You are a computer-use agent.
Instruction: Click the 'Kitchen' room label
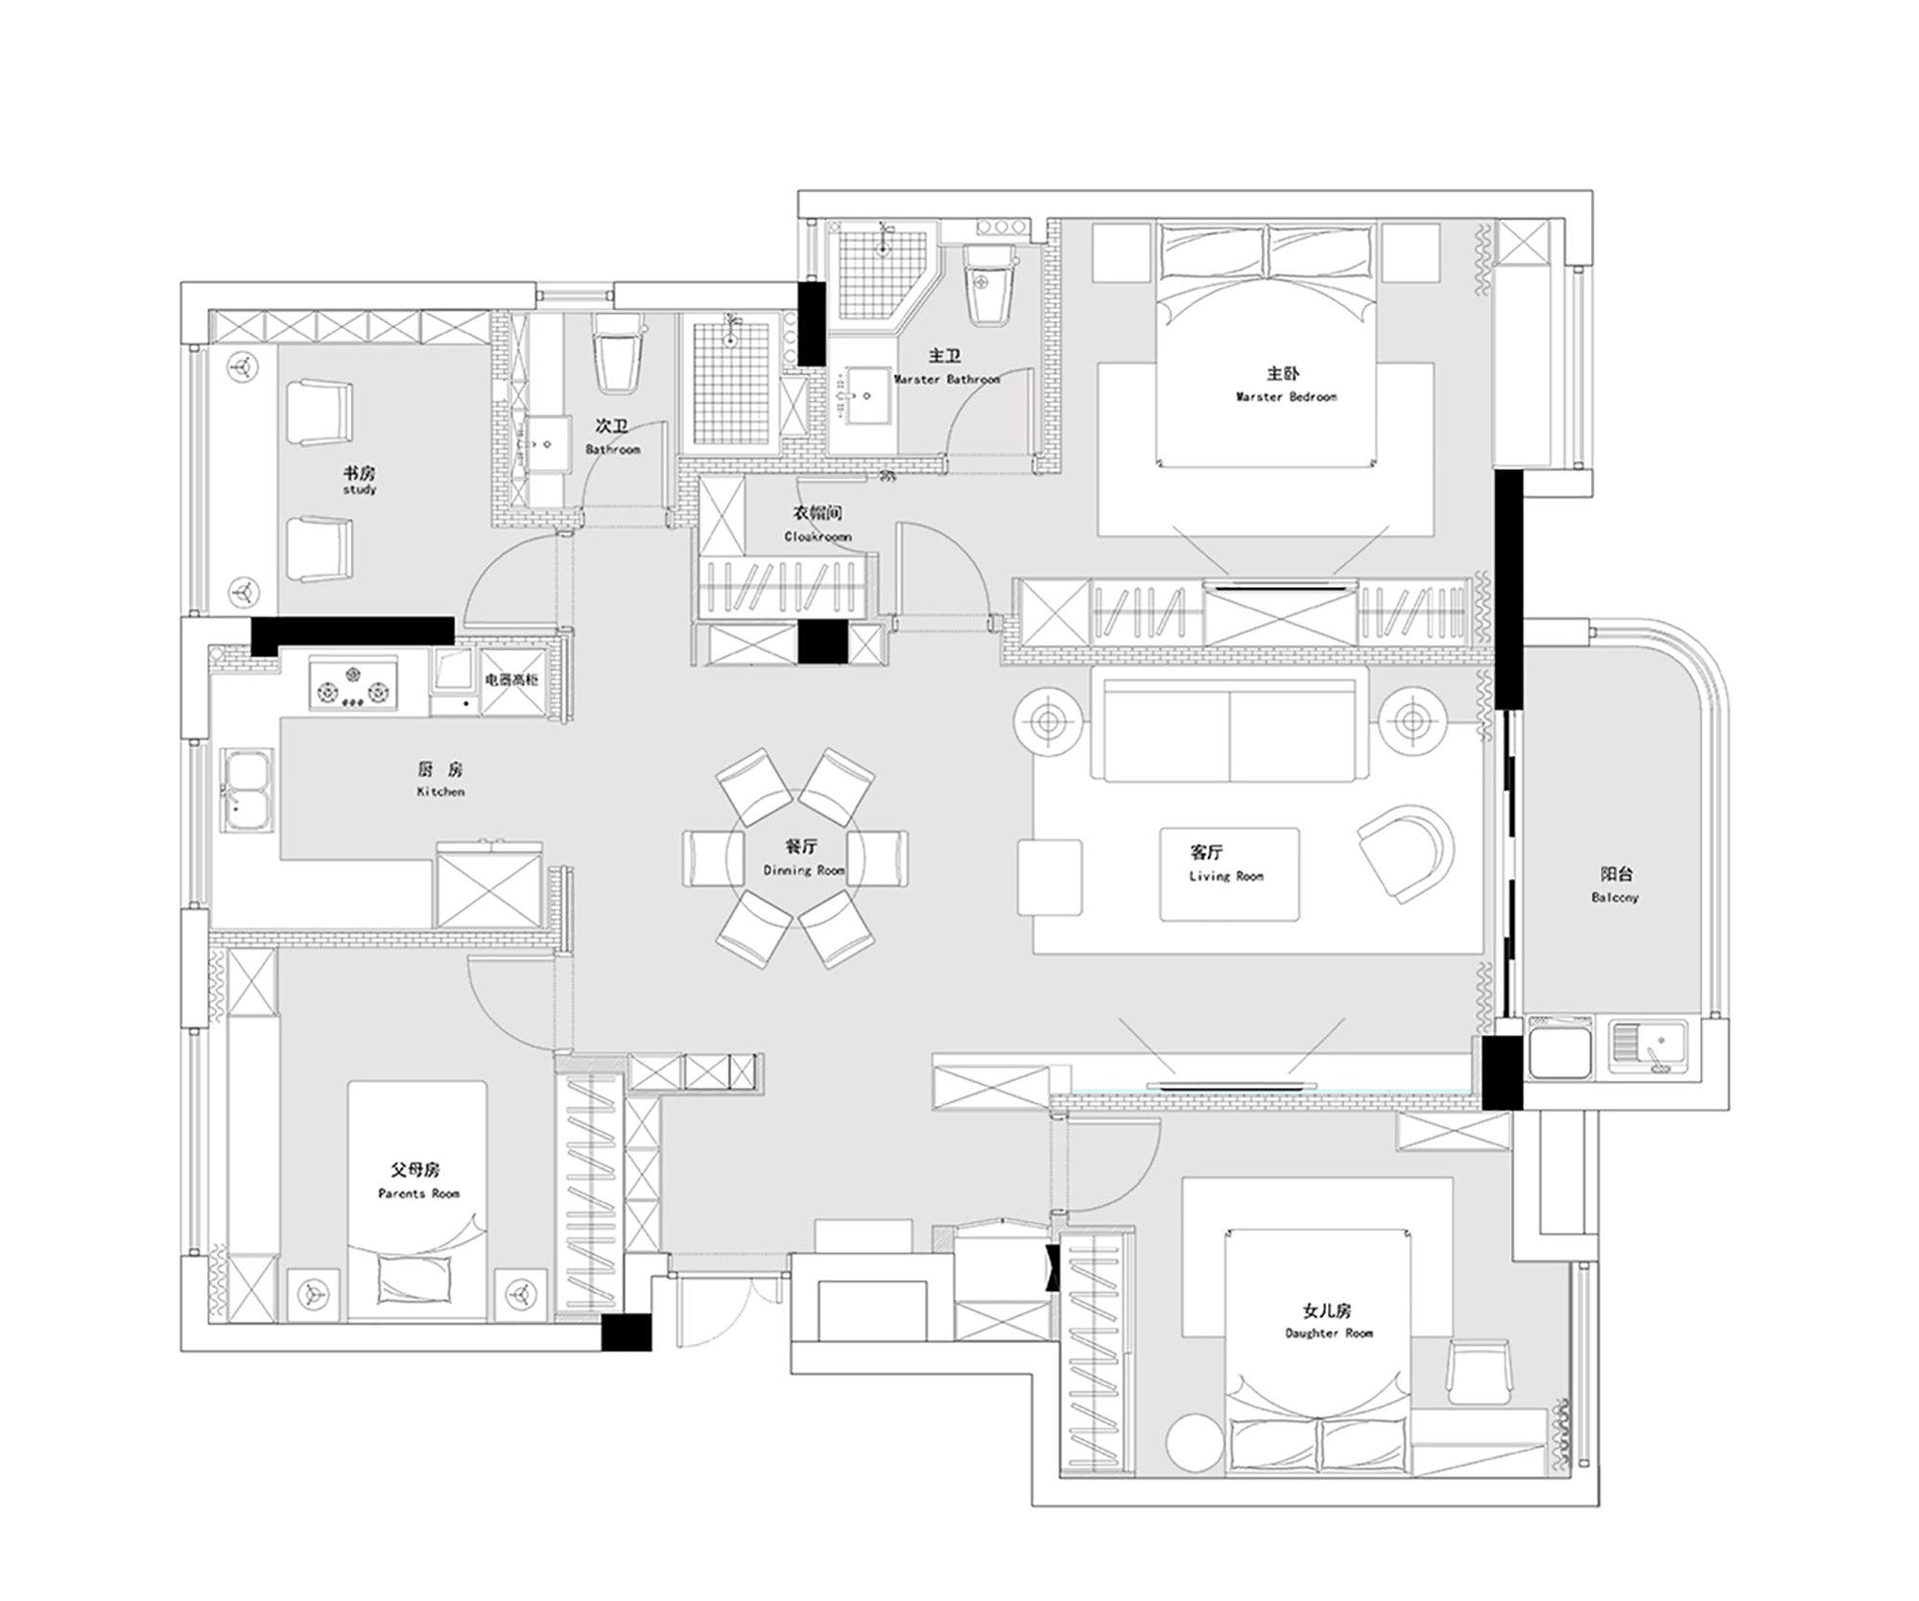coord(440,791)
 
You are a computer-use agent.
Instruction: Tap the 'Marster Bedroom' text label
coord(1286,396)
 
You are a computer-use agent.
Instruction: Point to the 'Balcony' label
coord(1615,897)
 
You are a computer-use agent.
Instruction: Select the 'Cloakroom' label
coord(817,536)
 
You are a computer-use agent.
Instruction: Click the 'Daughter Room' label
coord(1329,1332)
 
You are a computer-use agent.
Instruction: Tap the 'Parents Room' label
coord(418,1193)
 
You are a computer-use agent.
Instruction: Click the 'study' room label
coord(360,489)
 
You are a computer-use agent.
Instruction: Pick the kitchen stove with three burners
coord(353,684)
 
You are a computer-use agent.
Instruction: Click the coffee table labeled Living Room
coord(1229,874)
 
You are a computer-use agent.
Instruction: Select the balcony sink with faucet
coord(1648,1047)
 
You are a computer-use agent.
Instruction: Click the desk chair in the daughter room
coord(1479,1372)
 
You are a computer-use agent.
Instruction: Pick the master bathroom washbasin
coord(865,394)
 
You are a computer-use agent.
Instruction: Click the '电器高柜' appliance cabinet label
coord(511,680)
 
